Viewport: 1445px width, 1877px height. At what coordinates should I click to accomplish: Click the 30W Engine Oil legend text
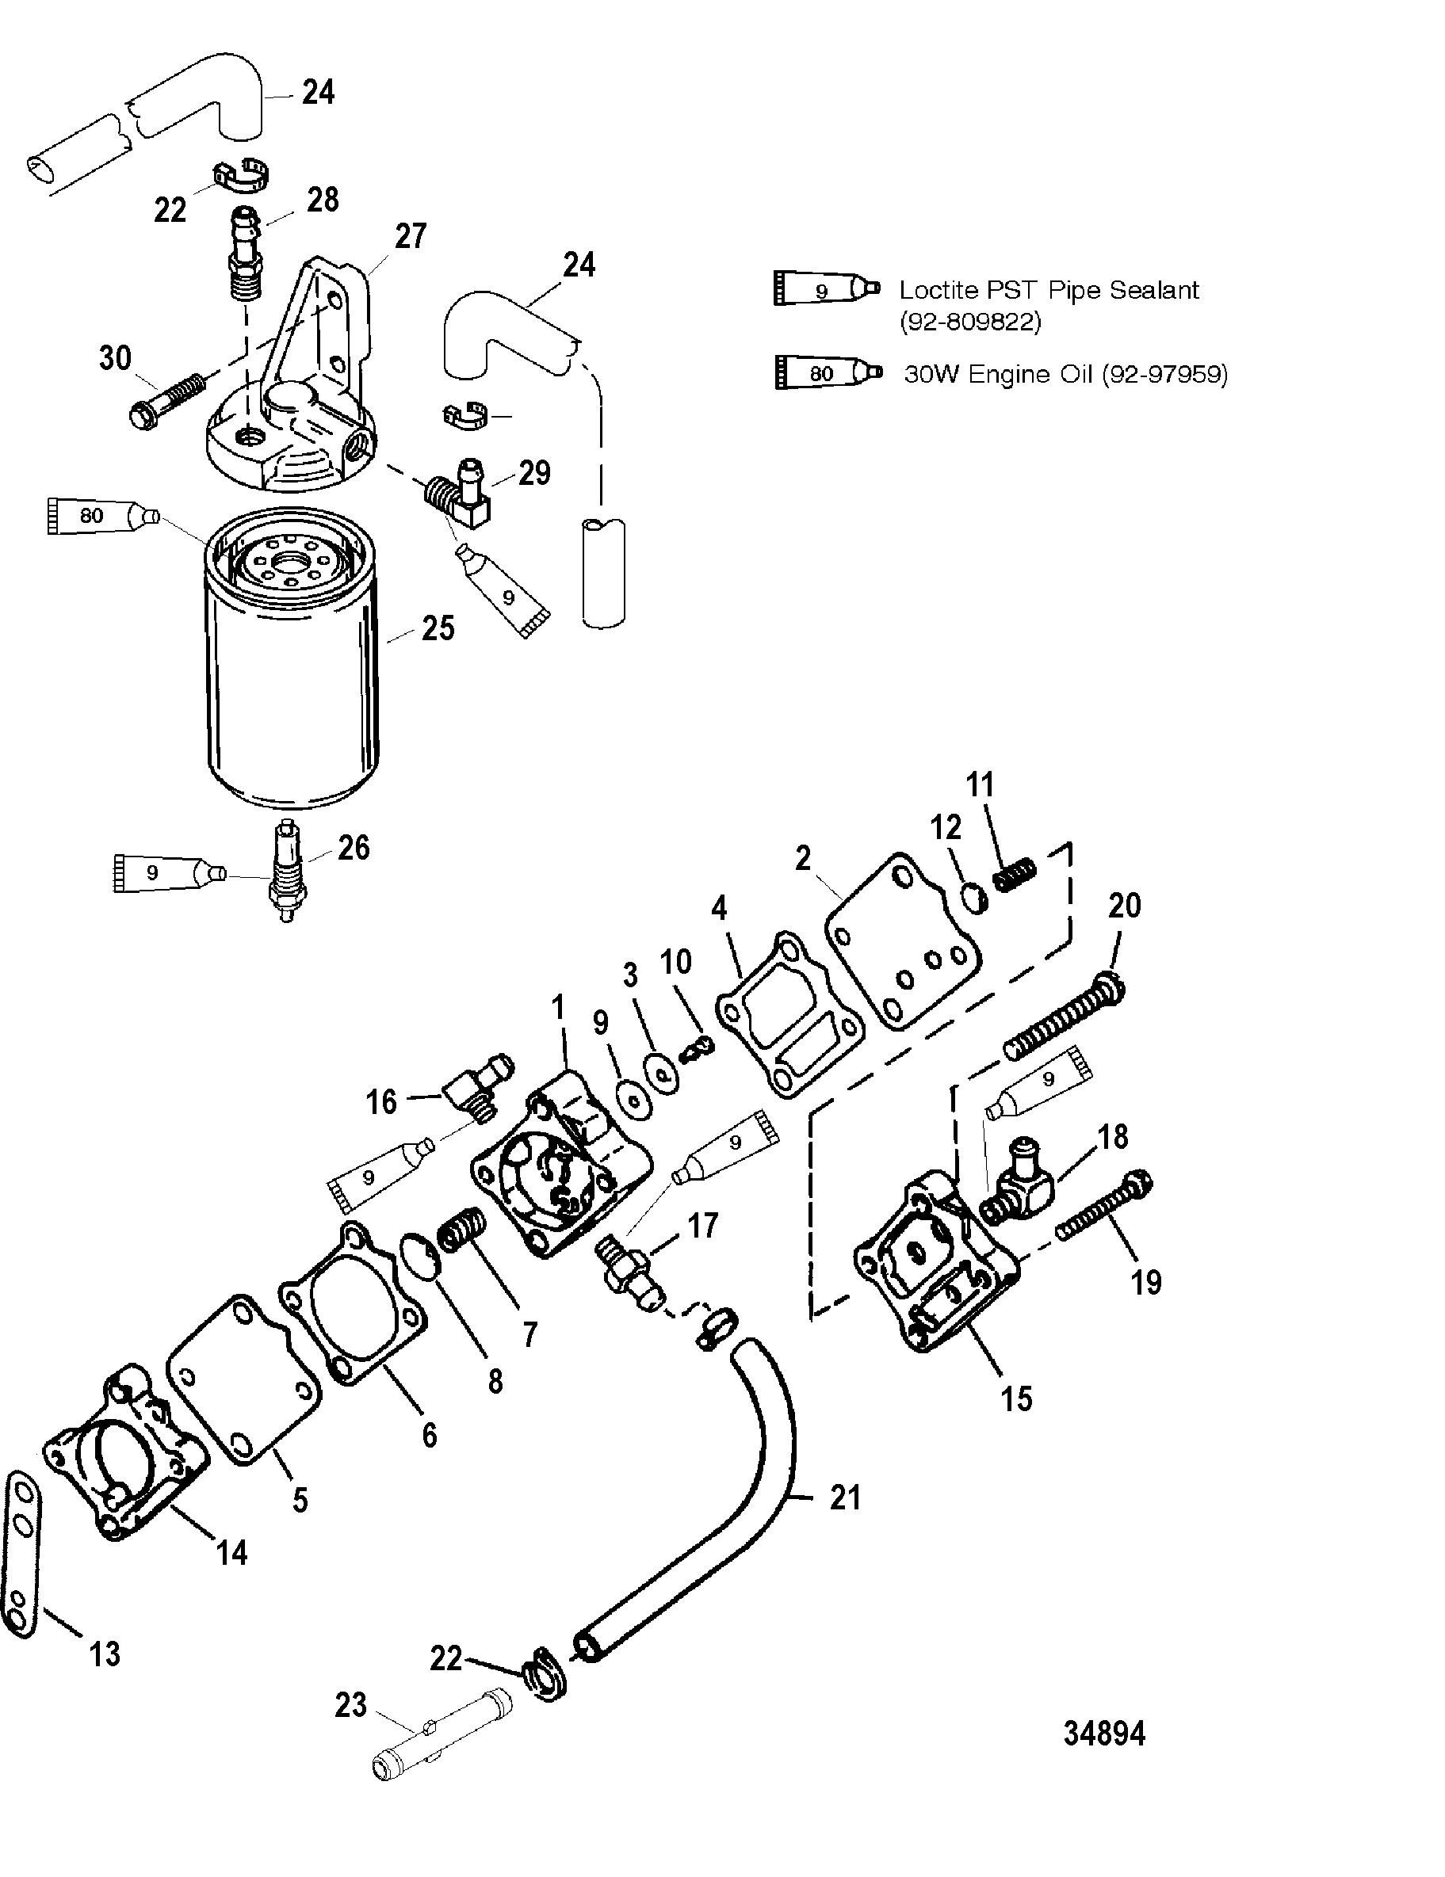pyautogui.click(x=1065, y=374)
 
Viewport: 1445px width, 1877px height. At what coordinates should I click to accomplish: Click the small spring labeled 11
pyautogui.click(x=1015, y=874)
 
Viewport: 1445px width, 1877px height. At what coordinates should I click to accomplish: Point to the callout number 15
pyautogui.click(x=1017, y=1398)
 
